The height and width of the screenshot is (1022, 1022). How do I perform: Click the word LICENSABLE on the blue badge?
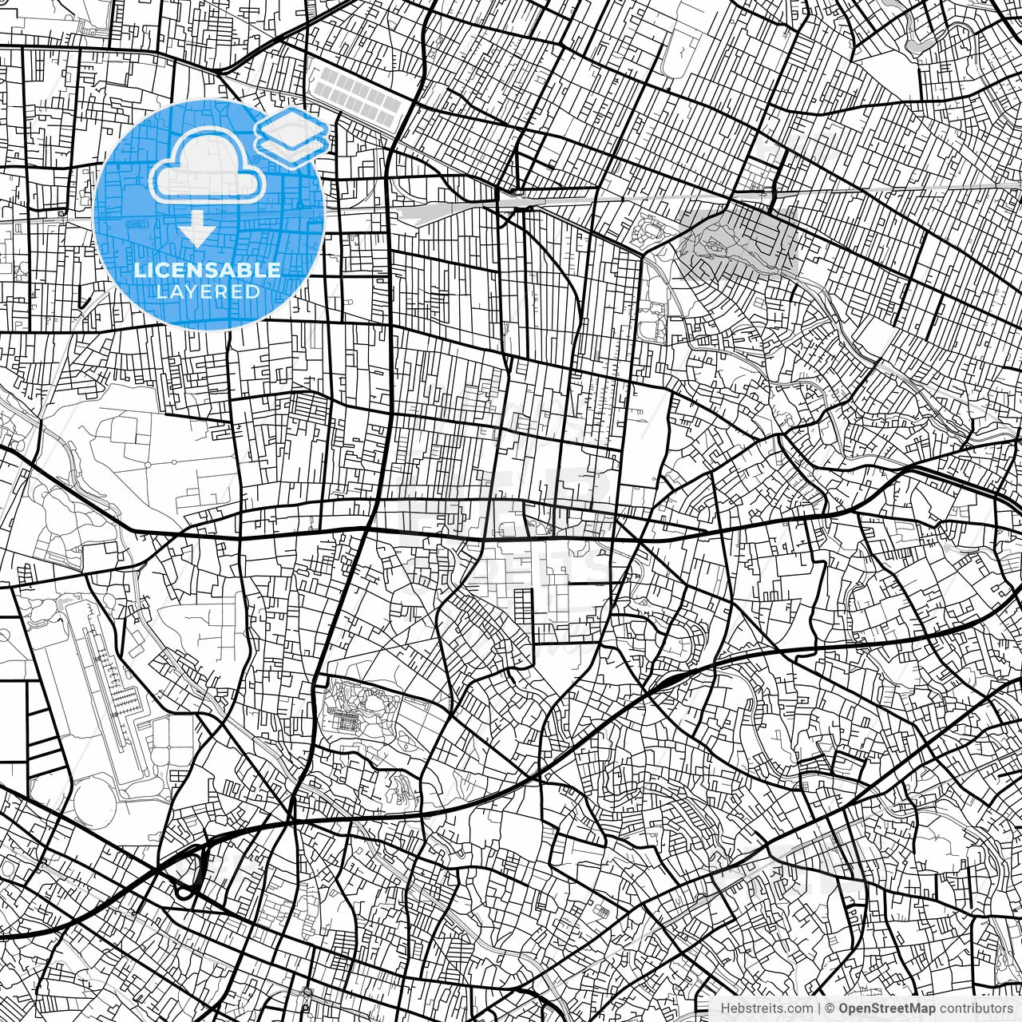pos(208,270)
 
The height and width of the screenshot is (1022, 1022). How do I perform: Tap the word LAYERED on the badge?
pos(208,291)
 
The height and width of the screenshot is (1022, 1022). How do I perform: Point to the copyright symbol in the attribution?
pos(830,1008)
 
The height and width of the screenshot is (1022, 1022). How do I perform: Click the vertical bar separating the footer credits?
pos(820,1008)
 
